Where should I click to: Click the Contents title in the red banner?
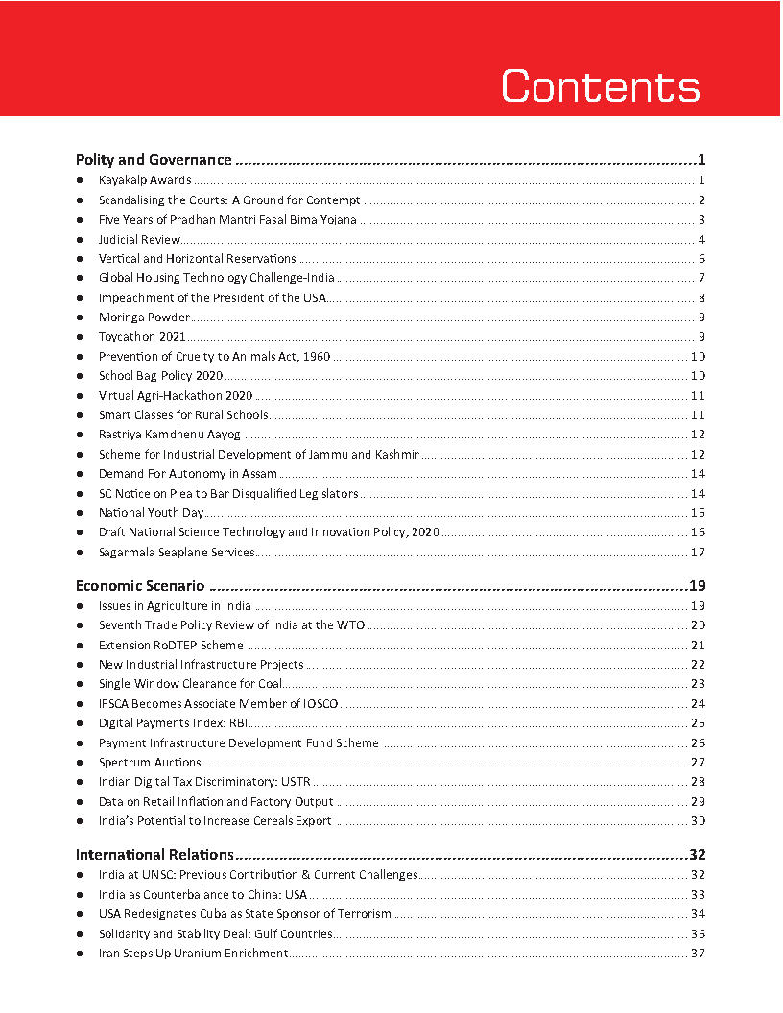(601, 86)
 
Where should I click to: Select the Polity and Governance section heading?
(154, 160)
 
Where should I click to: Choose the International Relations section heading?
(154, 855)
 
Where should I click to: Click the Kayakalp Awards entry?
(145, 180)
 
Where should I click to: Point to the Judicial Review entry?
(139, 239)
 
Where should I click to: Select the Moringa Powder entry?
(144, 318)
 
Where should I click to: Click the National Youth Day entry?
(152, 513)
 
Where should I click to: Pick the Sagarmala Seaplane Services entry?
(177, 553)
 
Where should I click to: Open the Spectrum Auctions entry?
(150, 763)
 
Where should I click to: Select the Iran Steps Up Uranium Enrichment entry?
(193, 954)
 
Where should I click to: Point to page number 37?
(698, 954)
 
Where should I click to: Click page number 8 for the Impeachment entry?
(702, 297)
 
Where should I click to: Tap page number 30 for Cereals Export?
(698, 821)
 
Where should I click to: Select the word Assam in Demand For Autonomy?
(259, 474)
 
